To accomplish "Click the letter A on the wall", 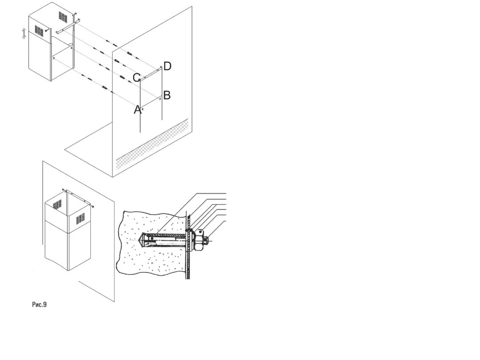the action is pos(138,110).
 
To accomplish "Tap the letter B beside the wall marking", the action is pos(167,95).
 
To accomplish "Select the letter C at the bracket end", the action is pos(136,78).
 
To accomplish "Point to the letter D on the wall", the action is pos(167,66).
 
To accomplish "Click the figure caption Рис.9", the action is pos(40,304).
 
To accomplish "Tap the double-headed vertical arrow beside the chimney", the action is pos(24,33).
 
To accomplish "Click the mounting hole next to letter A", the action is pos(143,109).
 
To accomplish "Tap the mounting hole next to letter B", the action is pos(160,98).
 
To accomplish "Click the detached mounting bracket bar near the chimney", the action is pos(68,26).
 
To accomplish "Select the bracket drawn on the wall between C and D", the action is pos(150,73).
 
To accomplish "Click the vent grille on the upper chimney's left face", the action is pos(39,30).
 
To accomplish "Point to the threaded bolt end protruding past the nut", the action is pos(207,240).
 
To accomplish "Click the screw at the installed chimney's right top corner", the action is pos(92,207).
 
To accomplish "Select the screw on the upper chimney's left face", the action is pos(46,30).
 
